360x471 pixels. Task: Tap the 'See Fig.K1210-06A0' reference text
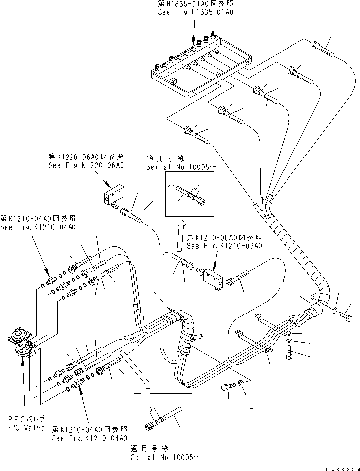pos(224,246)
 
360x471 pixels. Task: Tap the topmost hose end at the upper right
pos(323,49)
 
